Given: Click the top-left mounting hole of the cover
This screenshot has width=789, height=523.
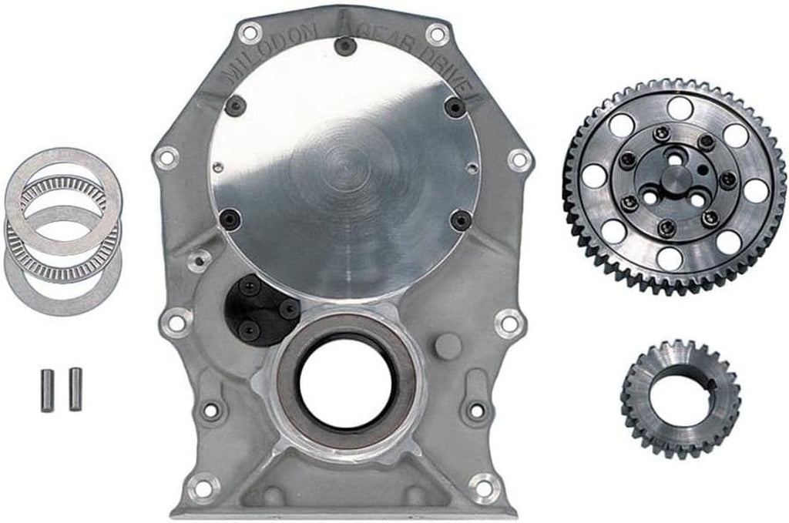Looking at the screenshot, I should (x=248, y=33).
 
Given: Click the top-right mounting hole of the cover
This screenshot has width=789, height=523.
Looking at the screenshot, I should (x=437, y=34).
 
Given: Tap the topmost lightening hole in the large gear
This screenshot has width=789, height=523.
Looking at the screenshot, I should (x=678, y=108).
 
